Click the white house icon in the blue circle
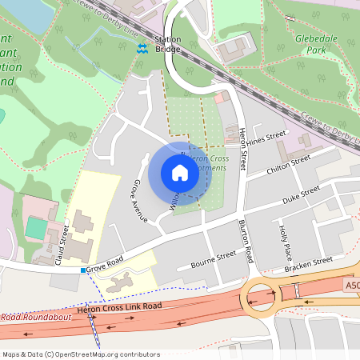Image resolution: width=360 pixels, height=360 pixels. tap(179, 173)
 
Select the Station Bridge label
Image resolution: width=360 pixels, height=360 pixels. tap(168, 44)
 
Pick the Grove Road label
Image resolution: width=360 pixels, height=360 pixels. tap(106, 262)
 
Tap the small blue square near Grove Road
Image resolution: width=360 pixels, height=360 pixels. tap(82, 270)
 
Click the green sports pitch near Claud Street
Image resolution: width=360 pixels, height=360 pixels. tap(35, 227)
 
